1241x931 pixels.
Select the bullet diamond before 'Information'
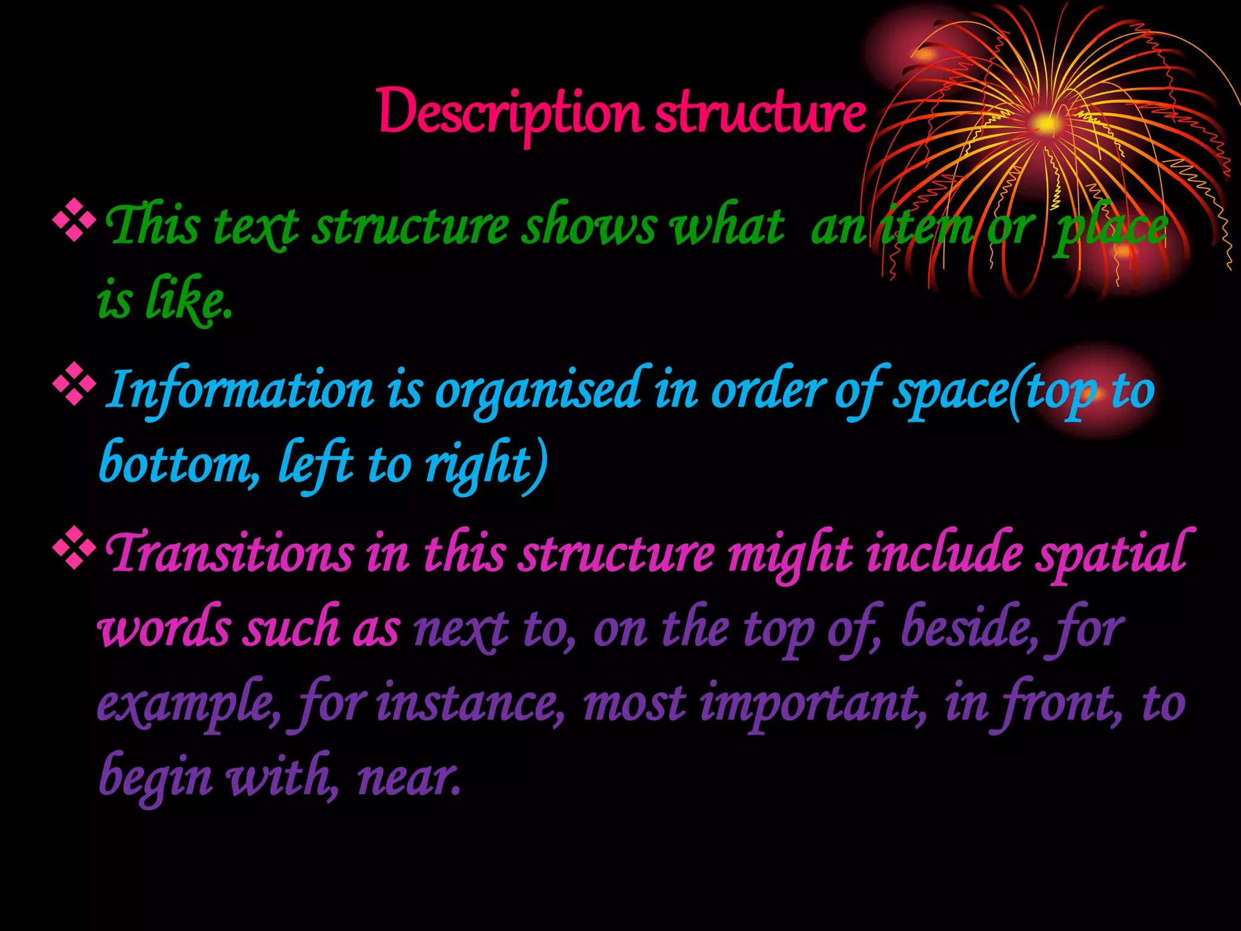pyautogui.click(x=74, y=384)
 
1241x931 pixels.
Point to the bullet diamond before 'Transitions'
pyautogui.click(x=74, y=549)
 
